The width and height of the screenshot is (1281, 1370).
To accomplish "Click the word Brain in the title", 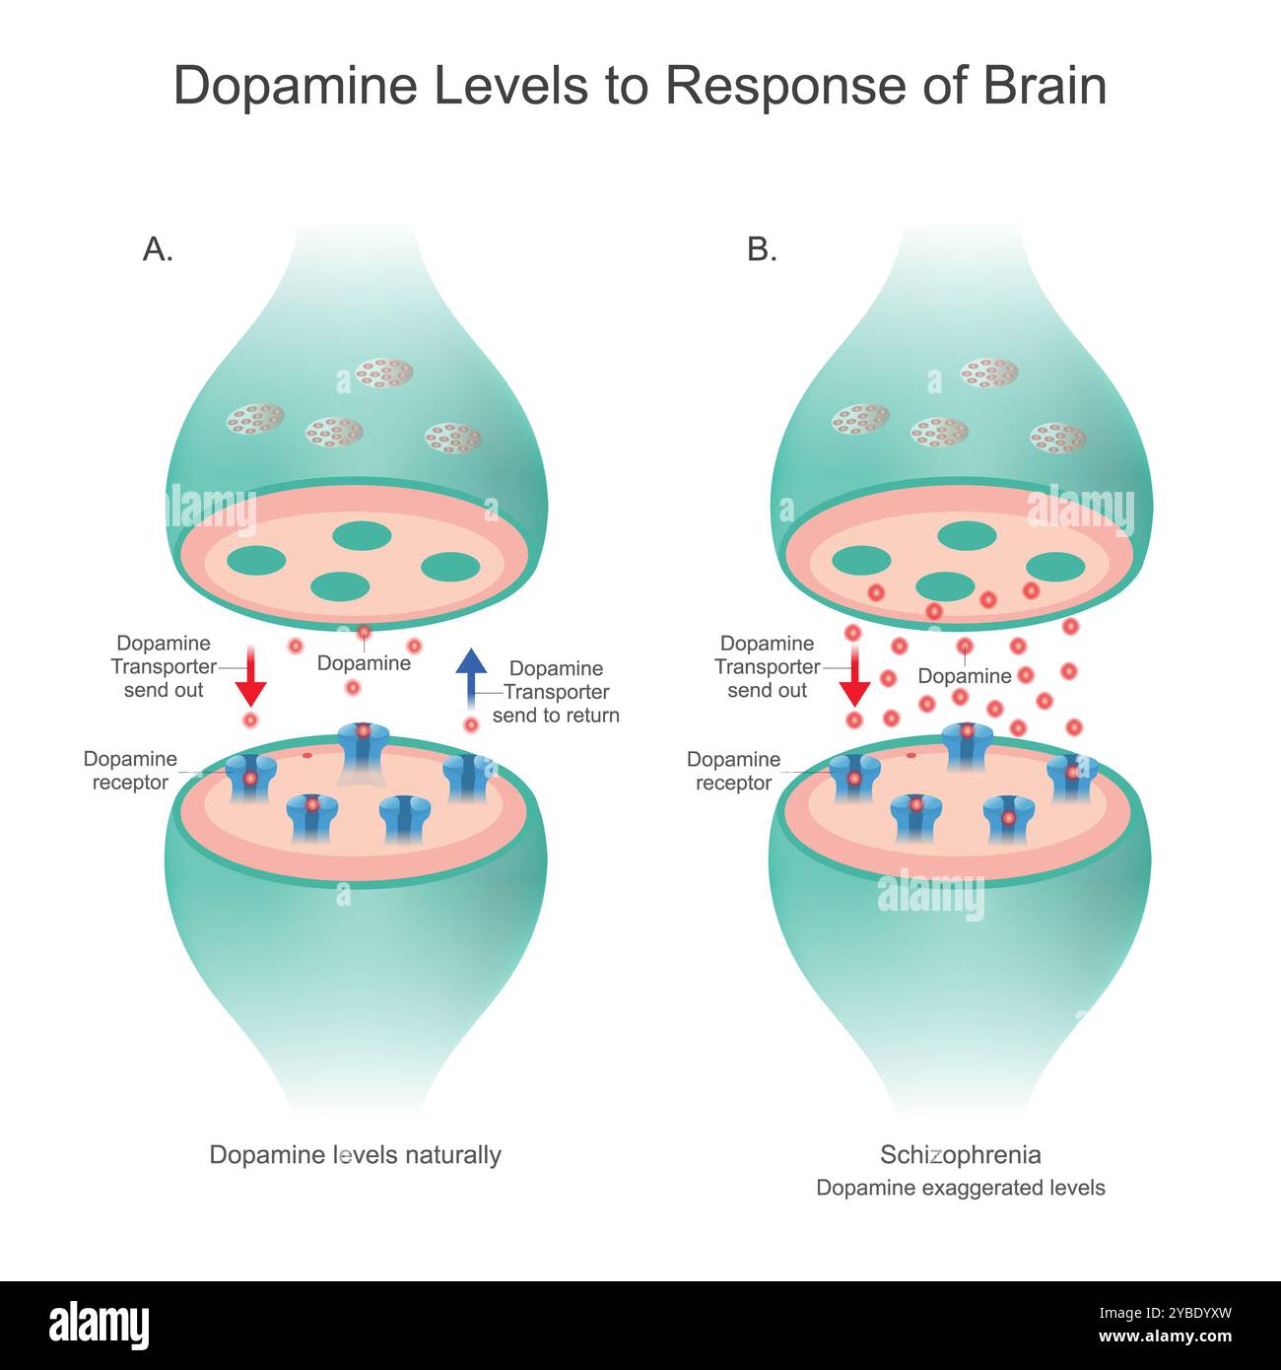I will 1045,86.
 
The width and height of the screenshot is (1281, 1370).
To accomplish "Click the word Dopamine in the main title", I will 297,86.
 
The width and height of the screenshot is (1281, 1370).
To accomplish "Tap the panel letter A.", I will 157,249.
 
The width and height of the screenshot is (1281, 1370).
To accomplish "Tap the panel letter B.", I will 762,249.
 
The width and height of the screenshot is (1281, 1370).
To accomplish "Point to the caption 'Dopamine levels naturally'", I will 355,1154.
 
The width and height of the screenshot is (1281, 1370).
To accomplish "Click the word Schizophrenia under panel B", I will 960,1154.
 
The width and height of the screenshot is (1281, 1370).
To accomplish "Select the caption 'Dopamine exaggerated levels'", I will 960,1188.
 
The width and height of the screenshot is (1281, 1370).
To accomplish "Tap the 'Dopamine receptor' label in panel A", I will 130,771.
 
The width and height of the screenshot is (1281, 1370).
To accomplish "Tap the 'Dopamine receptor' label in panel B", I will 733,771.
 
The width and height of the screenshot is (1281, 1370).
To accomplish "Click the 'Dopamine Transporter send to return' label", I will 556,692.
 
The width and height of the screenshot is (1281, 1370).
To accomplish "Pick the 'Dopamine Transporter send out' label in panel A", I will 164,666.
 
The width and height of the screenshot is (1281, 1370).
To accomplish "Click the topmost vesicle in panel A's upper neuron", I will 383,373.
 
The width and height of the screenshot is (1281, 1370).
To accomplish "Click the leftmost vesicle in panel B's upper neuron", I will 860,419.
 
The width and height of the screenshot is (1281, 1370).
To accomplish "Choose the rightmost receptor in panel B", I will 1072,778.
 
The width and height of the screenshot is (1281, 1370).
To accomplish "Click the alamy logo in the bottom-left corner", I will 100,1325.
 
